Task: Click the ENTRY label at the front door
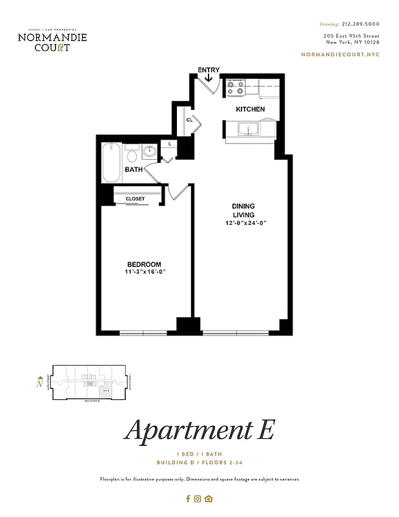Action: [209, 70]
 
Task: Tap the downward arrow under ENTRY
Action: [209, 78]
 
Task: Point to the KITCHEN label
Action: [250, 109]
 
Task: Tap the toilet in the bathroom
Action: [132, 156]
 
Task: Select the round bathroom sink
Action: [149, 153]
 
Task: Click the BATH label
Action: [134, 170]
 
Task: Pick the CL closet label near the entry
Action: [190, 120]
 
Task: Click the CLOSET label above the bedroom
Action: [136, 198]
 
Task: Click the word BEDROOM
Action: [144, 264]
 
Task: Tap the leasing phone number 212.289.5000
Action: [359, 23]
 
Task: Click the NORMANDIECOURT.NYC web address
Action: [340, 54]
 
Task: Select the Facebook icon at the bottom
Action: [188, 498]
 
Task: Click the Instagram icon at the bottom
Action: [198, 498]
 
